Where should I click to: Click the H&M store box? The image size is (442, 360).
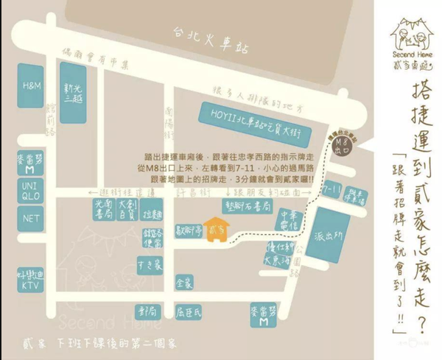pos(31,85)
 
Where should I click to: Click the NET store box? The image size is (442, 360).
pos(31,219)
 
